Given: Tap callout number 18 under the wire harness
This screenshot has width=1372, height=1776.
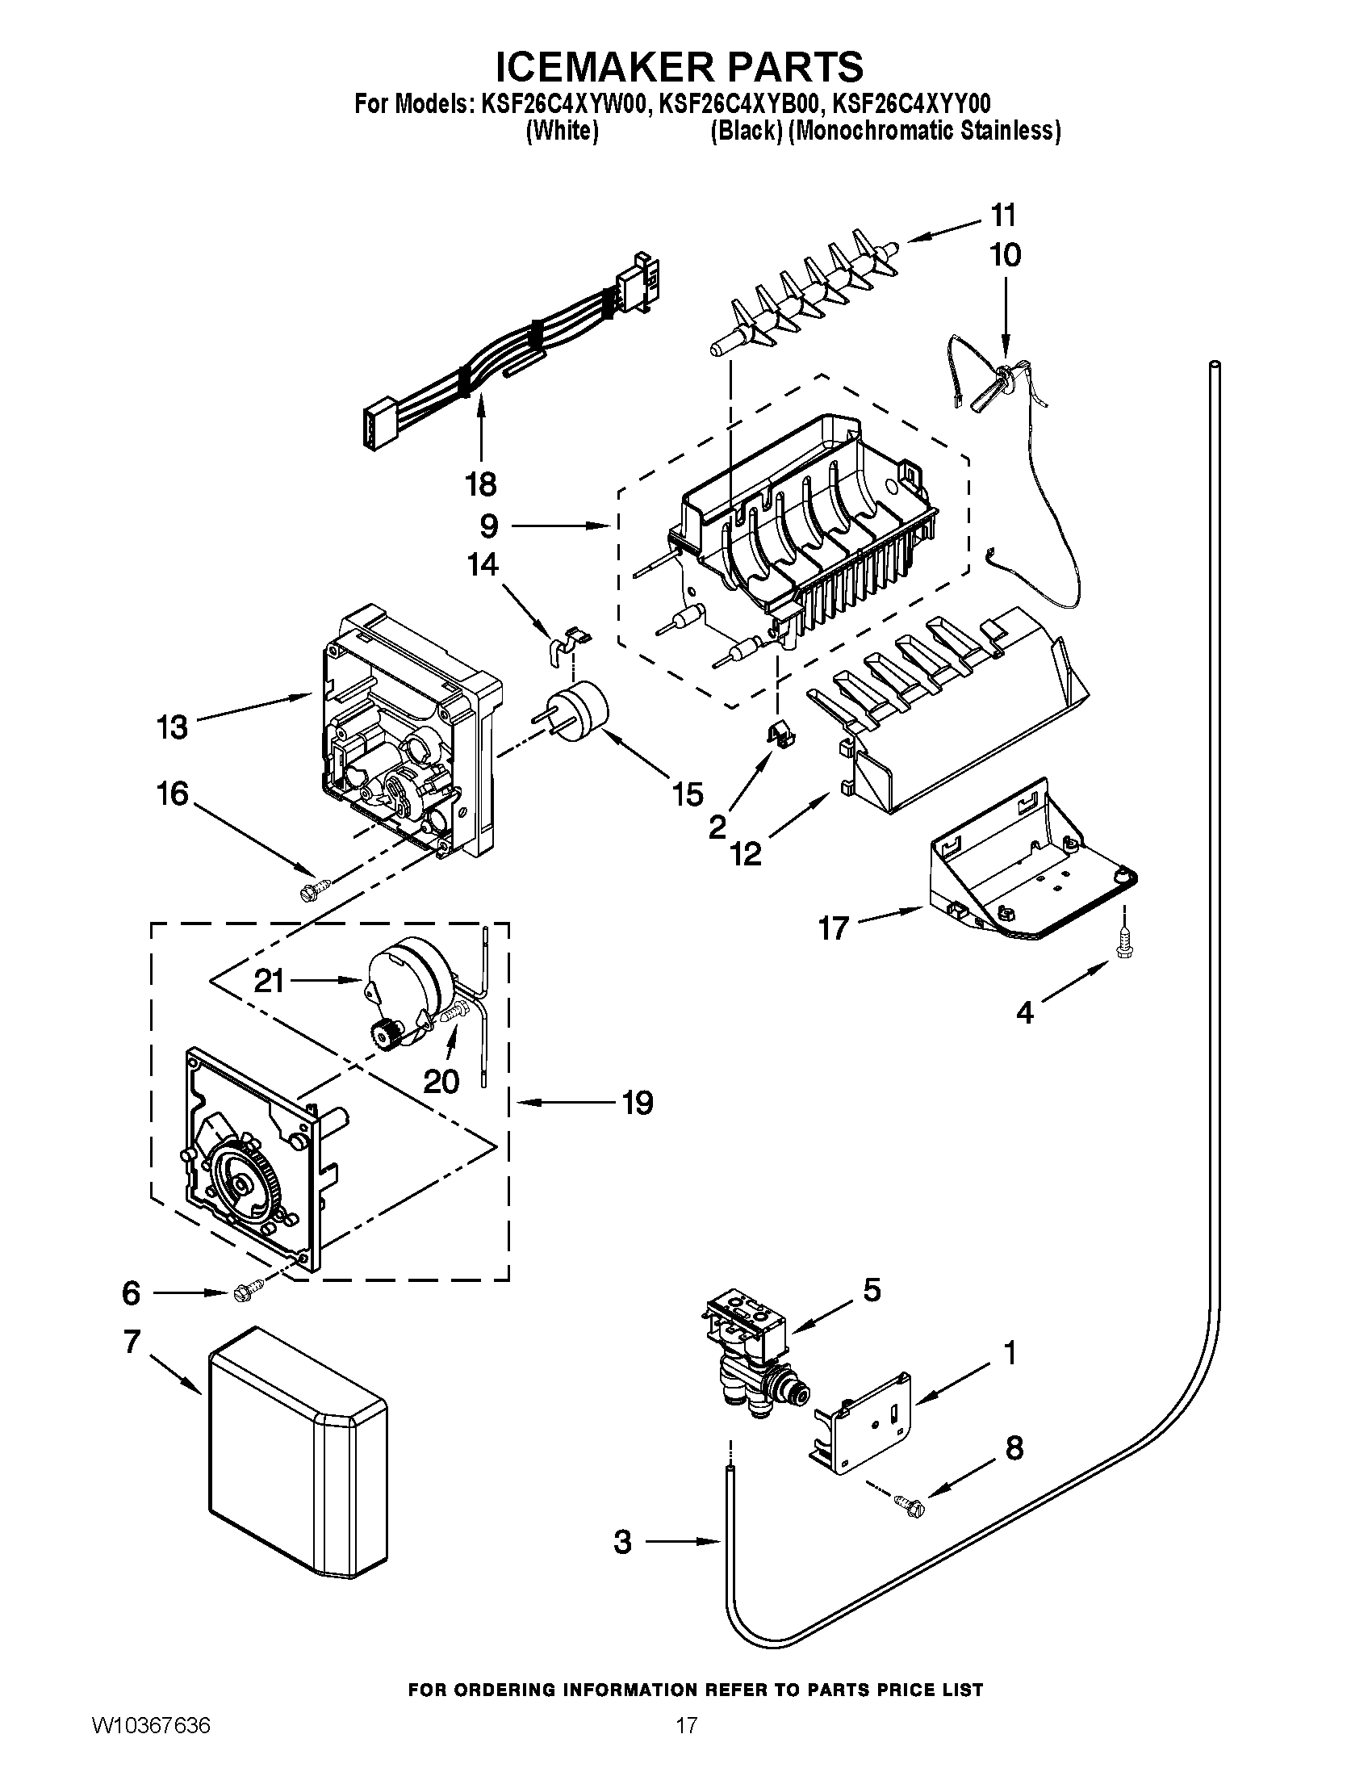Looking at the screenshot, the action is pyautogui.click(x=481, y=484).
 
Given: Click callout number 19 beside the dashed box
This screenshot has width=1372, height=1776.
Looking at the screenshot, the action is pyautogui.click(x=638, y=1104).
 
